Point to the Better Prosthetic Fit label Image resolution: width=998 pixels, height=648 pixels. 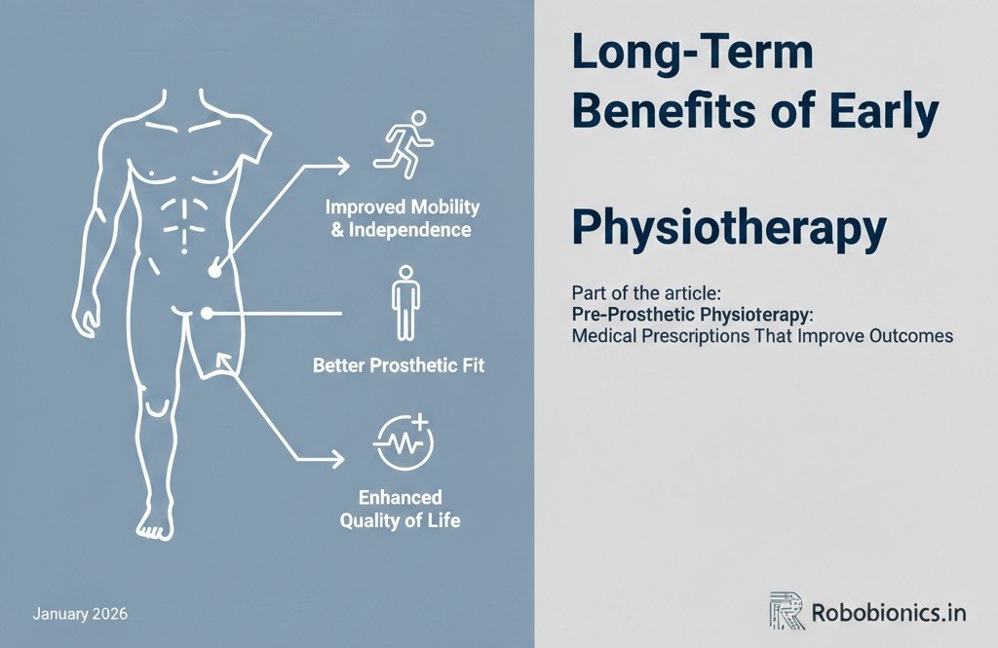pos(399,366)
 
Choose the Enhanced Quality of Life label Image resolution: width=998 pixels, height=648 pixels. pos(400,509)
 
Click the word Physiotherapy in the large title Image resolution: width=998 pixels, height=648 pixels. pos(729,227)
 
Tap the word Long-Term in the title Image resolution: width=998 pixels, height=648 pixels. pos(692,55)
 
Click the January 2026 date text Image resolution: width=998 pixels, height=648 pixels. pos(80,615)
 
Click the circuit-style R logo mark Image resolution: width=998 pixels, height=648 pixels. pos(787,611)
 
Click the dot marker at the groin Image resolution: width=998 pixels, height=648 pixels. pos(207,312)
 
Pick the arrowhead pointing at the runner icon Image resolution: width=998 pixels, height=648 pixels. pos(343,167)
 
